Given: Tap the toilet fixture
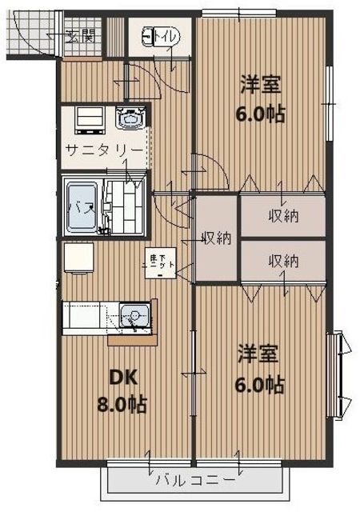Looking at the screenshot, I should (151, 36).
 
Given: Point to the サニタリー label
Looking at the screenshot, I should (104, 150).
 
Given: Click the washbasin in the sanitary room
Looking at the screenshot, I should (129, 121).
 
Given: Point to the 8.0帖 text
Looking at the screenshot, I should (121, 405).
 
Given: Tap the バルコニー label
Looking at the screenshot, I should (195, 481).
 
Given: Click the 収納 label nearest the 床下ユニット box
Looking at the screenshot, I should (216, 238).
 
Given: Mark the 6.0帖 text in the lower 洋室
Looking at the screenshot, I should (259, 384).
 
